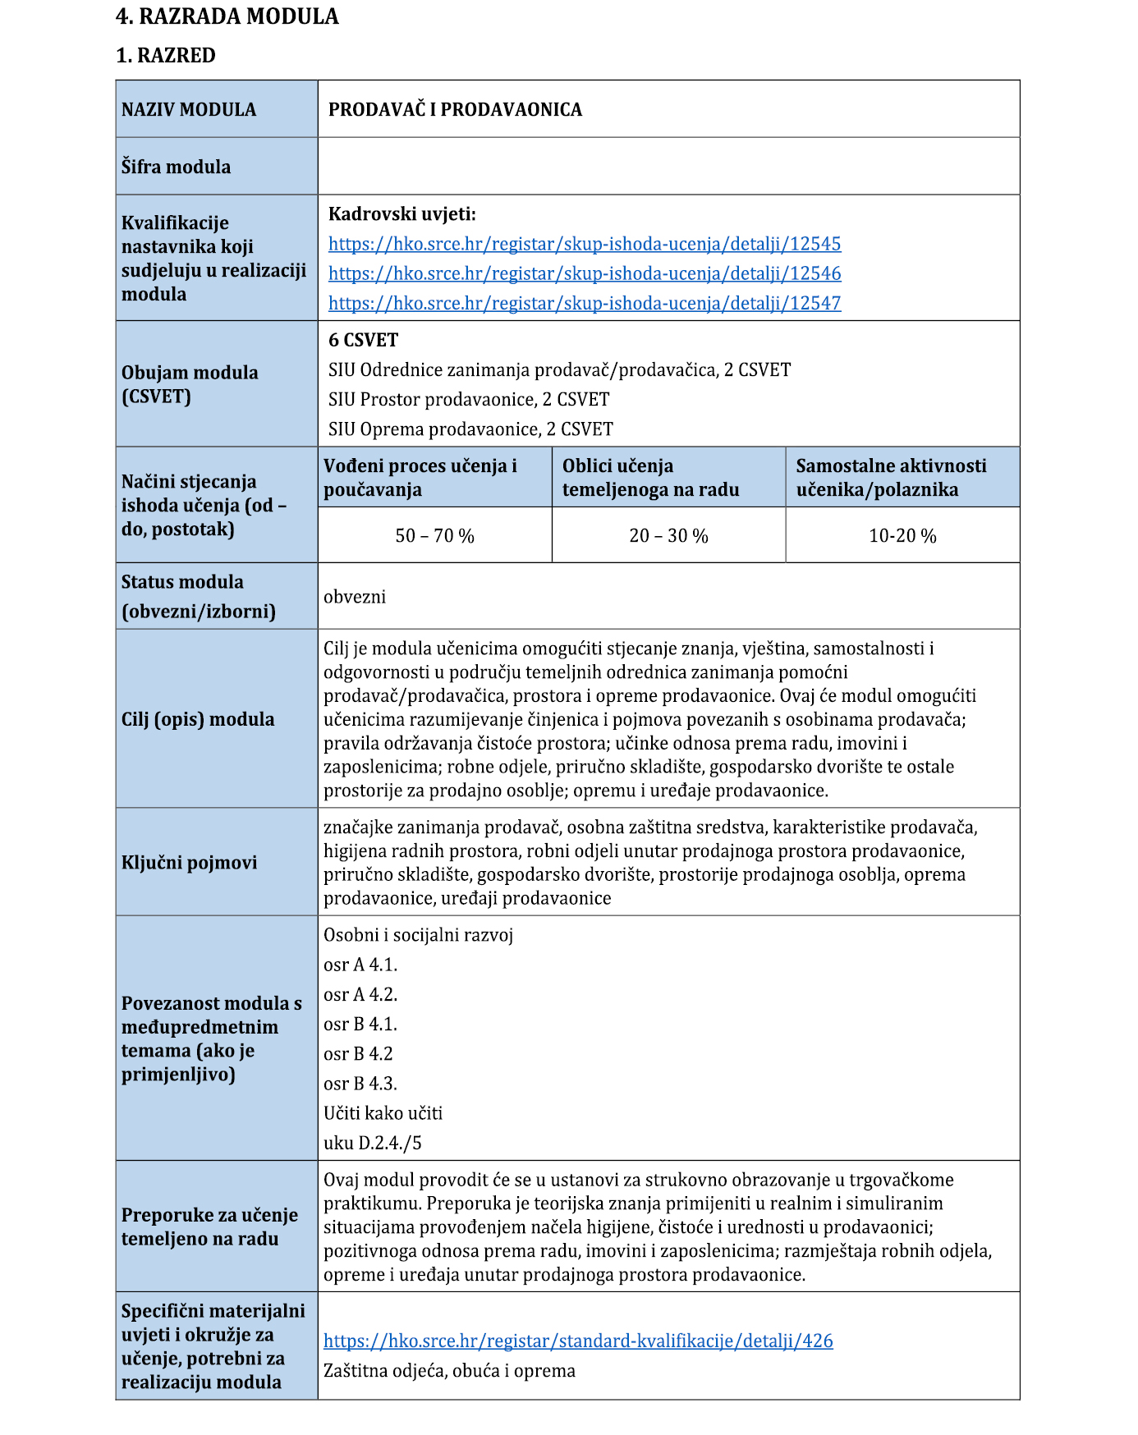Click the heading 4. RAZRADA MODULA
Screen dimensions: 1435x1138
click(227, 16)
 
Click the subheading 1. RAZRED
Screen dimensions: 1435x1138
click(166, 56)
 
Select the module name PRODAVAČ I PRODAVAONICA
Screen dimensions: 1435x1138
click(455, 110)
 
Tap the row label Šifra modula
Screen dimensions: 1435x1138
click(176, 167)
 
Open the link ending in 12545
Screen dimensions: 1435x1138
click(585, 244)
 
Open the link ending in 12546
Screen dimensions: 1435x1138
click(585, 273)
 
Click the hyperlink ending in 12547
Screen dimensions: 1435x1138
click(585, 303)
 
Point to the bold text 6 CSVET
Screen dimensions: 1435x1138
click(363, 340)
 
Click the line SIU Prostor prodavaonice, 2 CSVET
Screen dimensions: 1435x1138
click(469, 400)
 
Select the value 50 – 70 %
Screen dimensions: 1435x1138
click(434, 536)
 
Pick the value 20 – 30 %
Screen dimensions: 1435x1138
click(668, 536)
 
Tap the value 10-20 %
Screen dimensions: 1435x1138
click(902, 536)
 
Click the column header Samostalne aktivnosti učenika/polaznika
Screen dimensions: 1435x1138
click(891, 478)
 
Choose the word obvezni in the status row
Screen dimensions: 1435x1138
click(355, 597)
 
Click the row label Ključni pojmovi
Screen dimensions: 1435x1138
click(189, 863)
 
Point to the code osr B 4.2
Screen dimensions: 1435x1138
click(358, 1054)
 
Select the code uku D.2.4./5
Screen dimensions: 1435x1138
click(373, 1143)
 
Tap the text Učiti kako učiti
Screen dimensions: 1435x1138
click(383, 1113)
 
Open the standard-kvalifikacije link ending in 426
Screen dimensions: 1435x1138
click(578, 1341)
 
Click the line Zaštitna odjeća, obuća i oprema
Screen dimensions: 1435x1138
click(449, 1370)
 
